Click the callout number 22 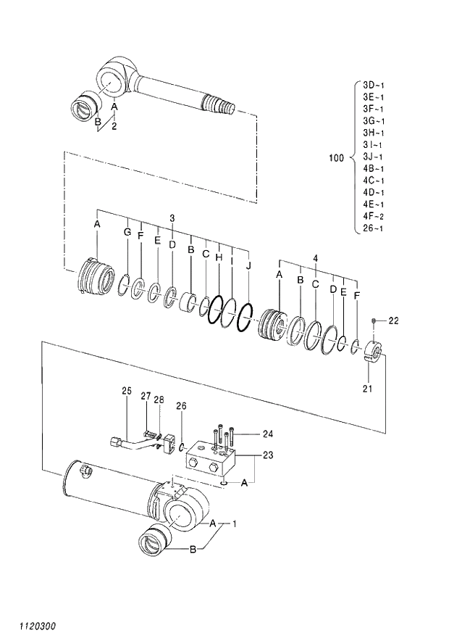[x=393, y=320]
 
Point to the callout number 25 [x=126, y=392]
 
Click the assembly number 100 [x=336, y=157]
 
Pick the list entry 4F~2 [x=374, y=216]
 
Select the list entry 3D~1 [x=374, y=85]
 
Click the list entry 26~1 [x=374, y=228]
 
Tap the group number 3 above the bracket [x=172, y=218]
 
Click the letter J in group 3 [x=248, y=266]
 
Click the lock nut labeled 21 [x=374, y=351]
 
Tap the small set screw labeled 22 [x=373, y=320]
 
